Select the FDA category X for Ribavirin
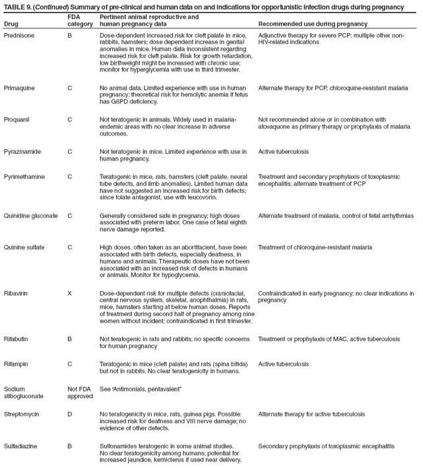[70, 290]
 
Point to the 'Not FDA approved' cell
[79, 393]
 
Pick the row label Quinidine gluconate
[31, 215]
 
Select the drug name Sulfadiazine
[21, 446]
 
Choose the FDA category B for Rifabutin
[70, 339]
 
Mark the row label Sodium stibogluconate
[24, 393]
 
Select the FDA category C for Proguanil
[70, 119]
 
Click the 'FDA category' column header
[80, 20]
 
